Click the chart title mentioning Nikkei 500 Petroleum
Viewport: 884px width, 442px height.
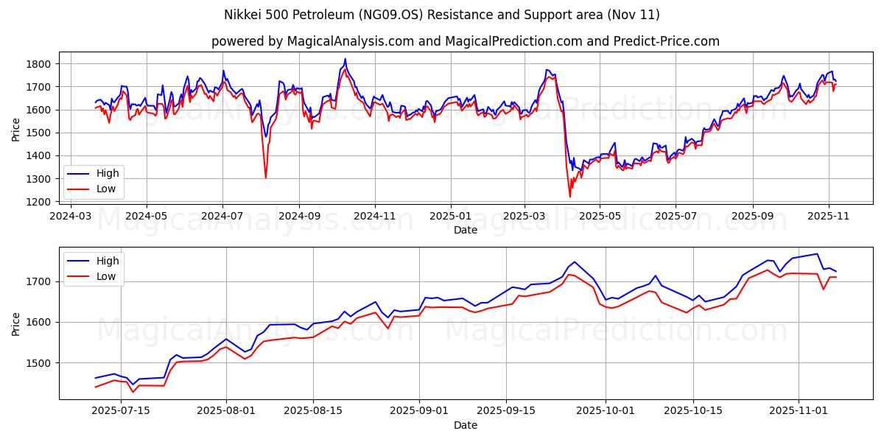click(x=441, y=15)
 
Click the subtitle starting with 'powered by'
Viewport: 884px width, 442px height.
click(x=465, y=41)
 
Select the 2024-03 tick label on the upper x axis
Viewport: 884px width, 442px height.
click(x=71, y=217)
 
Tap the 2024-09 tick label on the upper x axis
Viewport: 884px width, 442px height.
click(x=299, y=217)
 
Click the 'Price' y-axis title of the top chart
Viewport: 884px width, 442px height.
click(x=16, y=130)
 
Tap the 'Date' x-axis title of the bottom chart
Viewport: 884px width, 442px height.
click(x=465, y=425)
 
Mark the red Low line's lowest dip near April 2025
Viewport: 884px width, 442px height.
click(x=569, y=197)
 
